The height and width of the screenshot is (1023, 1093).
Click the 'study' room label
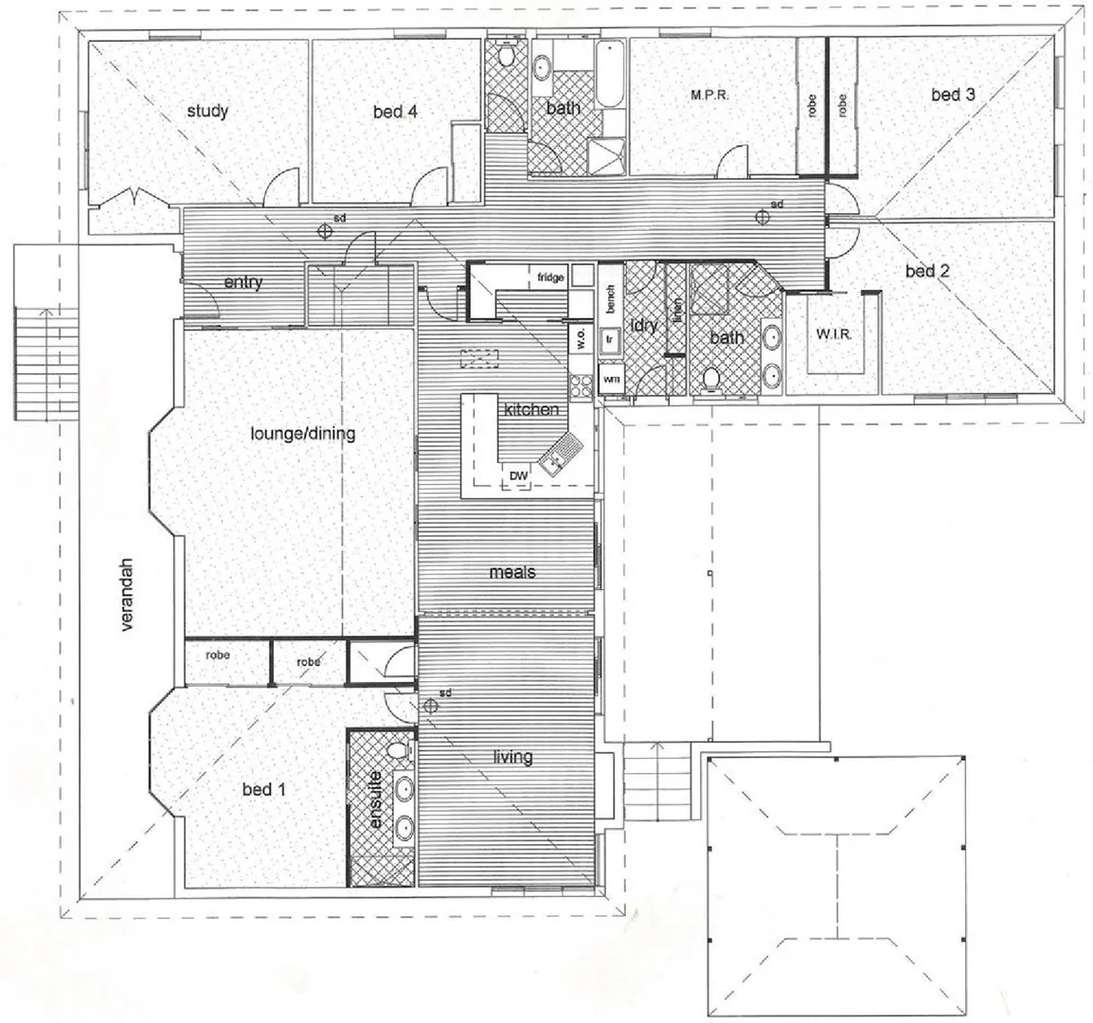206,112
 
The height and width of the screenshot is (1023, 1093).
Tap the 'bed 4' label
395,112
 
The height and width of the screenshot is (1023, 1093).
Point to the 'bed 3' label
953,95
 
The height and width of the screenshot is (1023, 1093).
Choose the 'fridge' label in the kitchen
550,278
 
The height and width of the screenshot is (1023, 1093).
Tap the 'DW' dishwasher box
518,476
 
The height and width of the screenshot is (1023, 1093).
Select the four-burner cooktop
580,385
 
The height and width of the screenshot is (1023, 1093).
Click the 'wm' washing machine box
611,380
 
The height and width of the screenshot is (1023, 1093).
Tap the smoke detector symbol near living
430,704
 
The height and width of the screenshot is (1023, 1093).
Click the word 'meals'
512,572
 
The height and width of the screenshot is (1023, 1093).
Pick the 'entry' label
243,282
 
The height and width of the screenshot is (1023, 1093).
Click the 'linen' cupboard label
677,311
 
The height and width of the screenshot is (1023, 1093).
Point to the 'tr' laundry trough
611,337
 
